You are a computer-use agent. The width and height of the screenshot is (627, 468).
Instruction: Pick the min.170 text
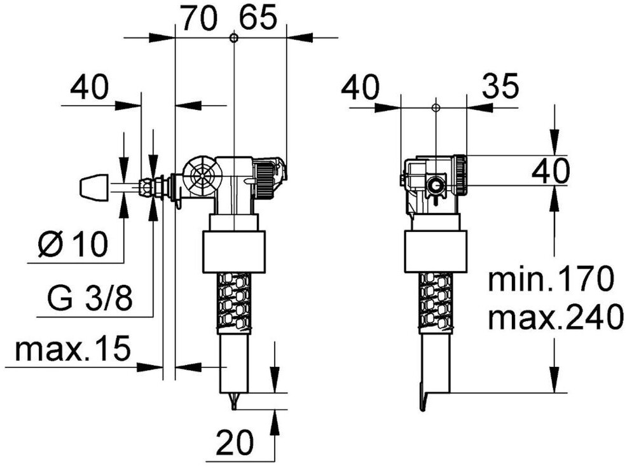click(551, 280)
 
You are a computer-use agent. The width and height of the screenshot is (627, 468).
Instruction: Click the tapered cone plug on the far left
click(95, 186)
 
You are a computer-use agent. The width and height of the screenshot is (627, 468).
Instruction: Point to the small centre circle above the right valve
click(435, 107)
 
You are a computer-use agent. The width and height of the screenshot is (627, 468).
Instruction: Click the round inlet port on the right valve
click(436, 186)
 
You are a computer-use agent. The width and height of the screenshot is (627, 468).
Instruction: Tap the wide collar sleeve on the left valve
click(233, 252)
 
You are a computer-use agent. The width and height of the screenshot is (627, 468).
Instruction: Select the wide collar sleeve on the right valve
click(436, 252)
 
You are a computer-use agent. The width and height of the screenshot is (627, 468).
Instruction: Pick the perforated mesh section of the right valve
click(436, 302)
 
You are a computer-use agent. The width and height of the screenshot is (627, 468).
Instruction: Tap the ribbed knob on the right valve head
click(460, 174)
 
